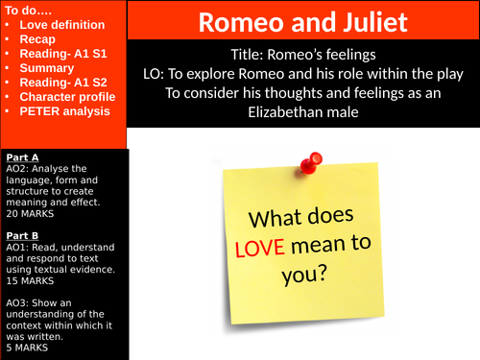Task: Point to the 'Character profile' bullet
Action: (x=66, y=97)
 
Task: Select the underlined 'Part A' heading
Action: (x=22, y=156)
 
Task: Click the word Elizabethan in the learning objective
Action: (x=275, y=112)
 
